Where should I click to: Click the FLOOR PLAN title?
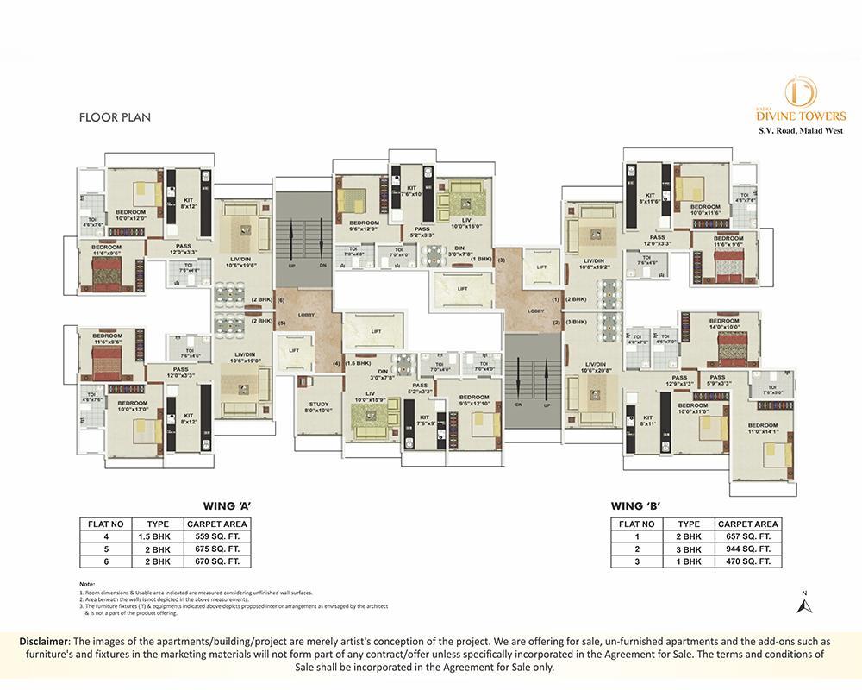click(115, 117)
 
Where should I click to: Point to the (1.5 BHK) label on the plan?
click(358, 363)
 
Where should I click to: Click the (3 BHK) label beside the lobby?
click(576, 322)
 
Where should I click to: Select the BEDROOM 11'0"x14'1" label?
click(762, 430)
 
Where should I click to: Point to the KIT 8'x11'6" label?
click(649, 198)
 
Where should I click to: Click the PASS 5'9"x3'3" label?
click(717, 379)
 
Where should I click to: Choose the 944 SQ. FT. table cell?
click(747, 549)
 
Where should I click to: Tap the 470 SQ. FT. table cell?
click(747, 561)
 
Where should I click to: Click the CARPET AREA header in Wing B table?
click(747, 524)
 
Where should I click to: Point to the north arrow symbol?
click(804, 604)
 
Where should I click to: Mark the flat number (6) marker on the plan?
click(280, 299)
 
